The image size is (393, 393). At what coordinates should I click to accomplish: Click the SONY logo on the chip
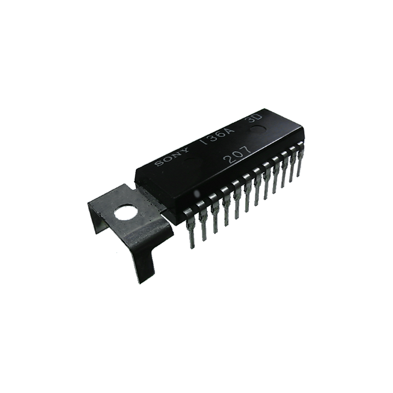point(172,157)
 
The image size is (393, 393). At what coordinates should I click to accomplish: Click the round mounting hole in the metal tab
point(127,212)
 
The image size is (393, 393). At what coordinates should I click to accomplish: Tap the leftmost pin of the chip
point(190,229)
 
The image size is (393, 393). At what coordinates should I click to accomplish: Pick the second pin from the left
point(203,223)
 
